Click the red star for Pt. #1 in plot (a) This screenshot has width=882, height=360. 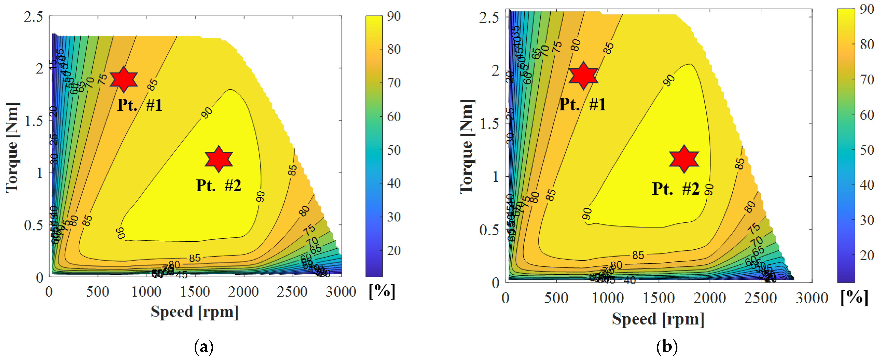click(x=124, y=79)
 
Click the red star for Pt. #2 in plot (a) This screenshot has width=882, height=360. click(x=218, y=159)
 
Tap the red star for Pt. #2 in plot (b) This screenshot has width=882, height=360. click(x=684, y=159)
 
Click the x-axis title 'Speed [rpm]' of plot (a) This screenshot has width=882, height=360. click(x=195, y=312)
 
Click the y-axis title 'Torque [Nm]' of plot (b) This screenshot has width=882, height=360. click(x=467, y=147)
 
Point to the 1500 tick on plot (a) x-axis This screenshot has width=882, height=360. click(x=195, y=292)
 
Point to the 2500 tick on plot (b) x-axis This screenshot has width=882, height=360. click(x=760, y=298)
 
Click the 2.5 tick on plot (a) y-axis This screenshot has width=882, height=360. click(x=34, y=16)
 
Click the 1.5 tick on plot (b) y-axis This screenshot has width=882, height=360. click(x=489, y=124)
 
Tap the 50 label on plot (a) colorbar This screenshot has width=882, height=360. click(x=394, y=150)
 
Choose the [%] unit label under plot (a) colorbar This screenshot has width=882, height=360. click(x=382, y=291)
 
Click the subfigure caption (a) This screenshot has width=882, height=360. click(x=204, y=347)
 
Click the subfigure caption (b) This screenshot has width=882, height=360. click(x=667, y=347)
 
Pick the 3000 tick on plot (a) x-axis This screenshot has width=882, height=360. click(x=341, y=292)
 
